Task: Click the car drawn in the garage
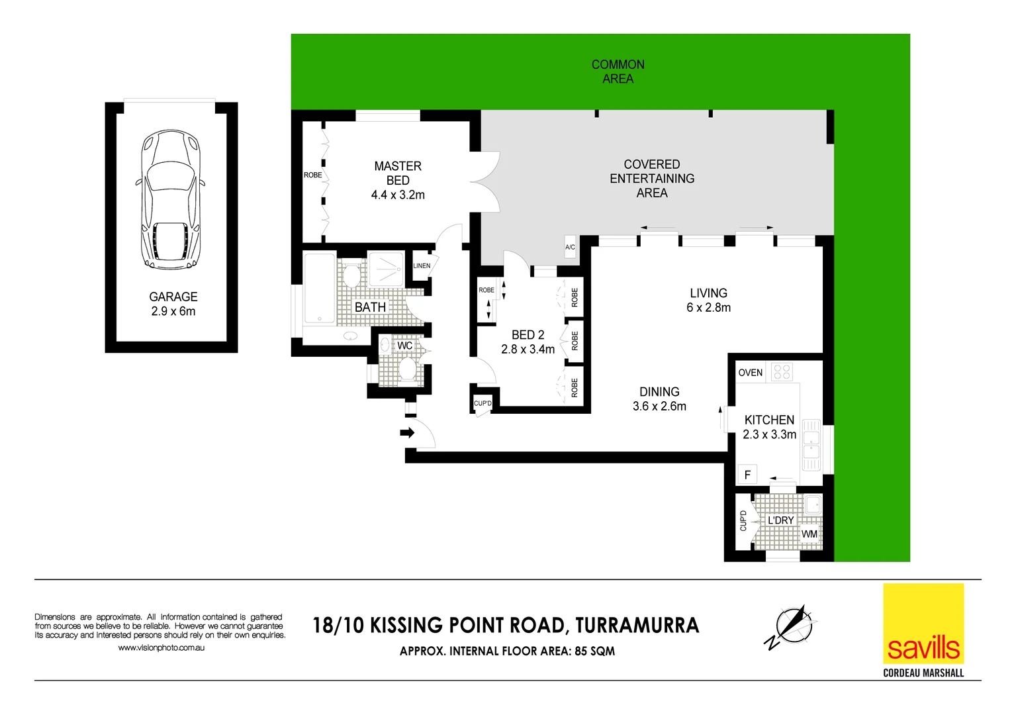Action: (x=170, y=199)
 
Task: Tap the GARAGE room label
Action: (x=173, y=297)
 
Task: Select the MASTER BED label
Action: (x=397, y=173)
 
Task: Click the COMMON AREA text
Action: (x=618, y=71)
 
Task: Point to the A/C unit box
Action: (x=570, y=247)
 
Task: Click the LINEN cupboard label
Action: (x=422, y=265)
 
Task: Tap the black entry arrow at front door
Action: (x=406, y=433)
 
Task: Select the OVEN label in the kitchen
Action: (x=750, y=373)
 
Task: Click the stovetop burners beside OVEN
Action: (x=782, y=371)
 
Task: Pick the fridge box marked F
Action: (x=747, y=474)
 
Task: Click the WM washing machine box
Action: (x=809, y=534)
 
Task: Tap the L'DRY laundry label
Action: (x=780, y=520)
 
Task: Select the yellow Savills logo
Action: (x=923, y=624)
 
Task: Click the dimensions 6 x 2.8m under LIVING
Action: (x=708, y=308)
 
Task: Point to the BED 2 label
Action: (x=528, y=335)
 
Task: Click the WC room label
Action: (x=404, y=346)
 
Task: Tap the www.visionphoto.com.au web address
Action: (x=161, y=647)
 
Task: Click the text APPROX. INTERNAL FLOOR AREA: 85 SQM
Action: (x=507, y=651)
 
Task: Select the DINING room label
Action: (x=659, y=392)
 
